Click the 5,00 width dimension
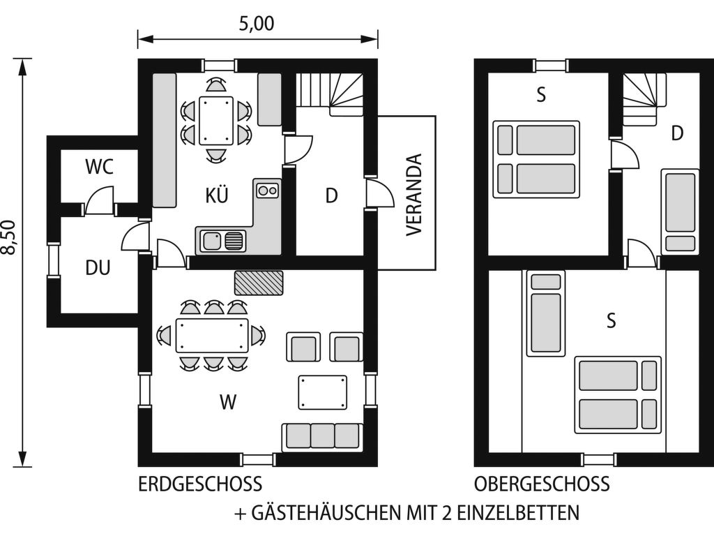(257, 24)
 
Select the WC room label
(99, 167)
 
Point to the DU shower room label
(98, 267)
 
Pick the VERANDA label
(414, 195)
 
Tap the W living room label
(228, 402)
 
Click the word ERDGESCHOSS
(200, 484)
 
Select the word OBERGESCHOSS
(542, 484)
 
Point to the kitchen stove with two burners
(267, 190)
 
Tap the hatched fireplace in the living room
(259, 283)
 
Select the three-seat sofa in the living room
(322, 437)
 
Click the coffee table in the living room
(322, 392)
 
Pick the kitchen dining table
(216, 120)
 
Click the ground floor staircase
(330, 94)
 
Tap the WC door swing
(100, 200)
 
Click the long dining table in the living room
(212, 336)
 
